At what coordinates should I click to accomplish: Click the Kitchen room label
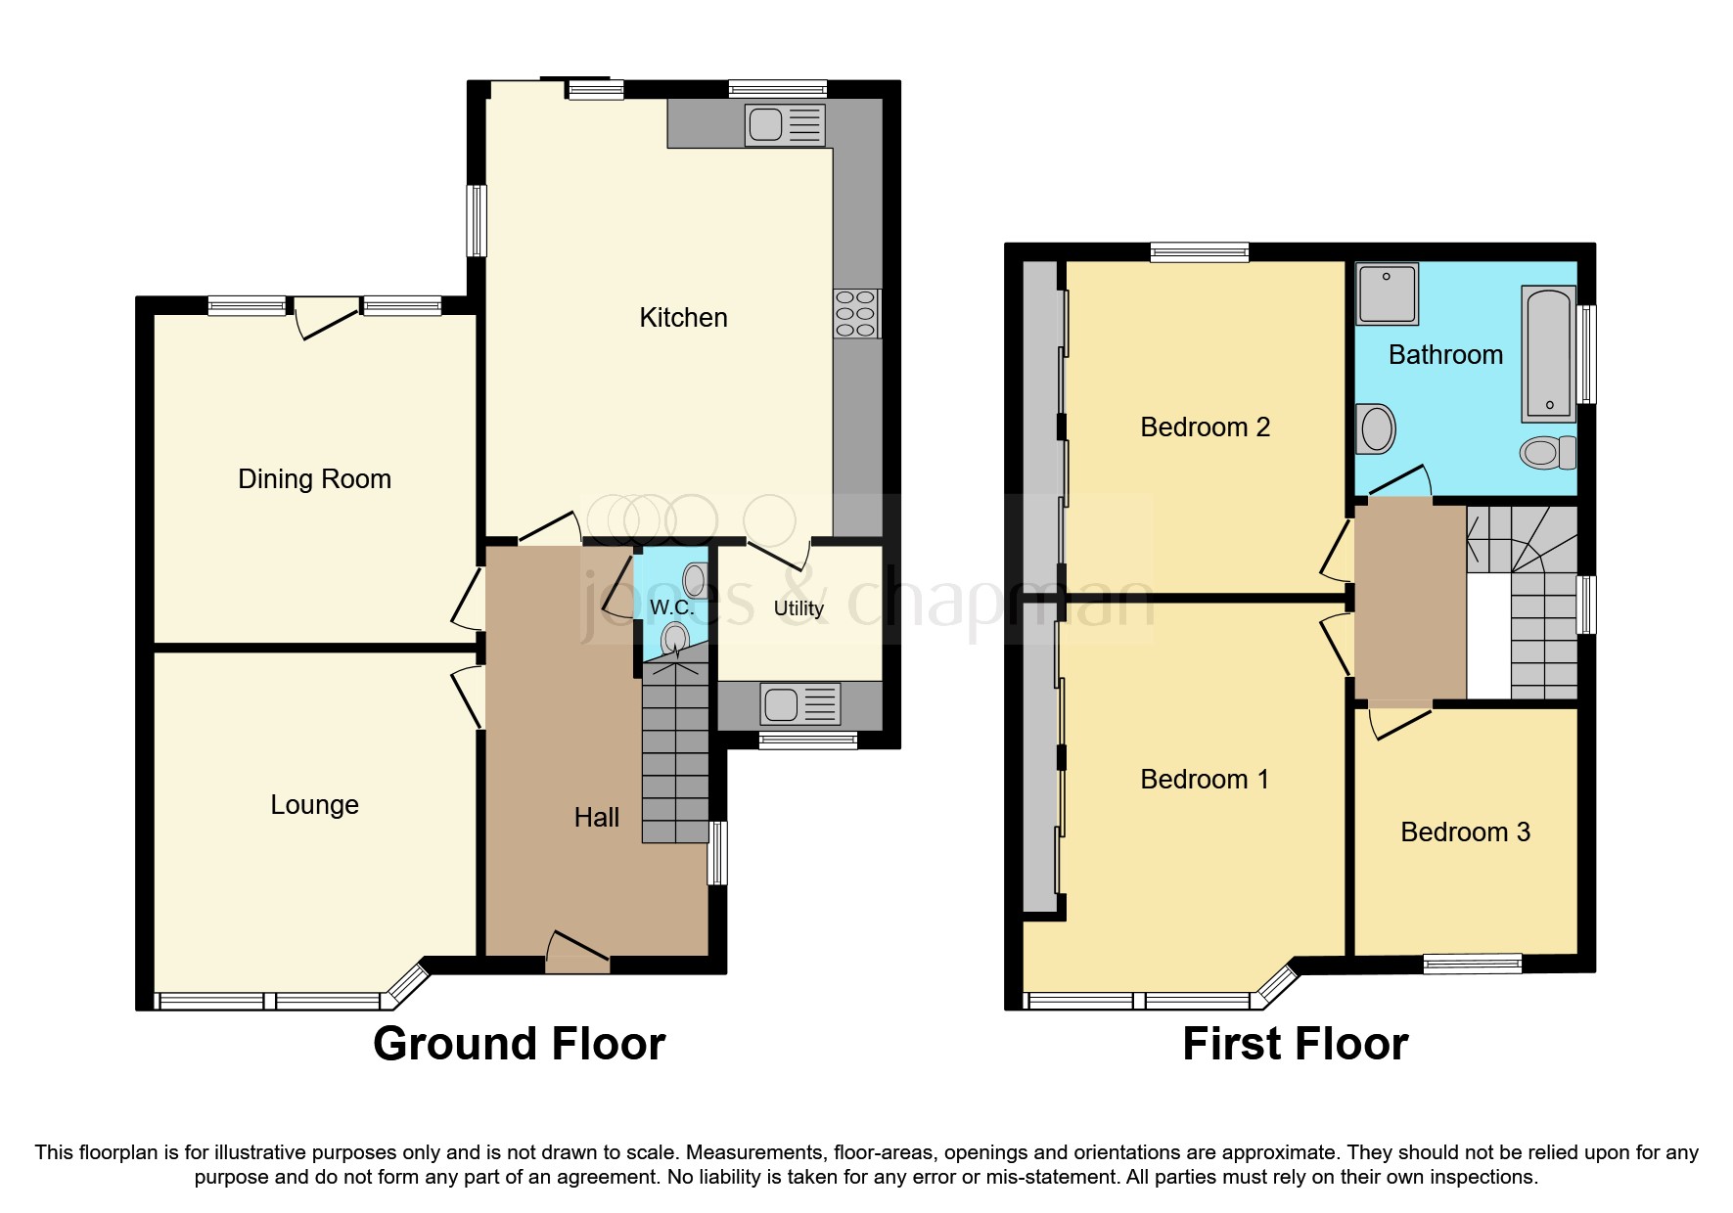tap(683, 317)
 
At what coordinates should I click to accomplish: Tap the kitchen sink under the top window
tap(785, 126)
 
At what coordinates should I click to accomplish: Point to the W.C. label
tap(671, 607)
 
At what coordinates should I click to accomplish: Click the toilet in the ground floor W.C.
tap(674, 641)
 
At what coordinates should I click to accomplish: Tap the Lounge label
tap(314, 804)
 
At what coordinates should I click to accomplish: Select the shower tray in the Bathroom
tap(1387, 292)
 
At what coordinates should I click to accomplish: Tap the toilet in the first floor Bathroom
tap(1547, 452)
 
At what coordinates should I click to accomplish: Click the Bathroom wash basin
tap(1376, 428)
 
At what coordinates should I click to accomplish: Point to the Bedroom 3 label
tap(1465, 831)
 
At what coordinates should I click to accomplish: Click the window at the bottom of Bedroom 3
tap(1472, 964)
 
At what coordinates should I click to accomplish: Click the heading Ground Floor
tap(519, 1044)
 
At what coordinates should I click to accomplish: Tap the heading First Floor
tap(1295, 1044)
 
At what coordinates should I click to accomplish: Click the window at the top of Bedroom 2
tap(1200, 252)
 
